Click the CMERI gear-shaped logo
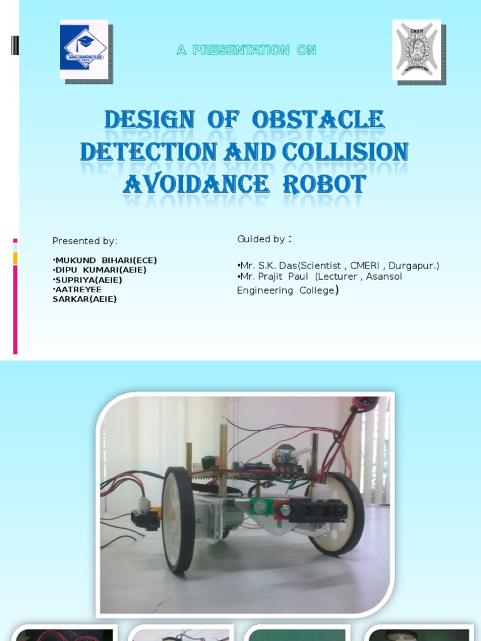click(x=416, y=49)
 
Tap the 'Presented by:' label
click(x=85, y=241)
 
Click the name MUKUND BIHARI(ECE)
click(x=105, y=260)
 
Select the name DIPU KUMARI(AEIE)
click(x=100, y=270)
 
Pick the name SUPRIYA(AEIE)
click(x=88, y=280)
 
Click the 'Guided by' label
click(x=261, y=239)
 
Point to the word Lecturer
click(x=337, y=276)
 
